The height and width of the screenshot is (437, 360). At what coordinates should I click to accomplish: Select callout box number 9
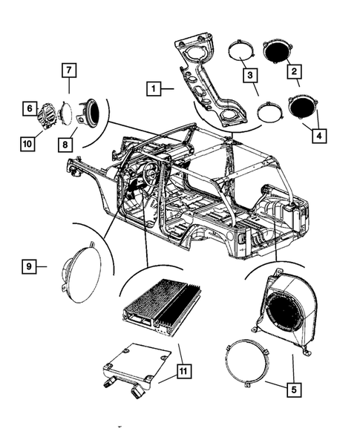[x=29, y=265]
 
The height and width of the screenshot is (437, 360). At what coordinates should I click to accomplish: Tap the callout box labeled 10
[x=29, y=140]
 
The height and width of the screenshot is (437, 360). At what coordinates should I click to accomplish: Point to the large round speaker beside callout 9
[x=83, y=270]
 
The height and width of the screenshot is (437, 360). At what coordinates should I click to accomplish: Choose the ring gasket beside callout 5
[x=249, y=363]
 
